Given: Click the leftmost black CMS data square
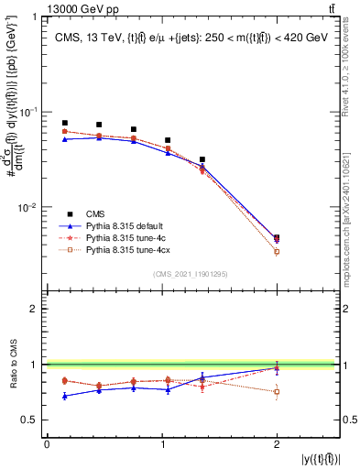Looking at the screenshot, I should click(x=64, y=123).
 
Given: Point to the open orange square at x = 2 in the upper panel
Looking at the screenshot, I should click(x=277, y=252).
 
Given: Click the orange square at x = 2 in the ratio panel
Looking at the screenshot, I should click(x=277, y=391).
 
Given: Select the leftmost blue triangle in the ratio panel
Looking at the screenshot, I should click(x=64, y=396).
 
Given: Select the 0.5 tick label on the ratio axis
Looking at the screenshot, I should click(x=29, y=420).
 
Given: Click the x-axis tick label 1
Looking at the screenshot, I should click(x=161, y=443).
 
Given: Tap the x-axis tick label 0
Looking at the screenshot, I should click(x=47, y=443).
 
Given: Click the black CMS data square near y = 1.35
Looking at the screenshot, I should click(x=202, y=159).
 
